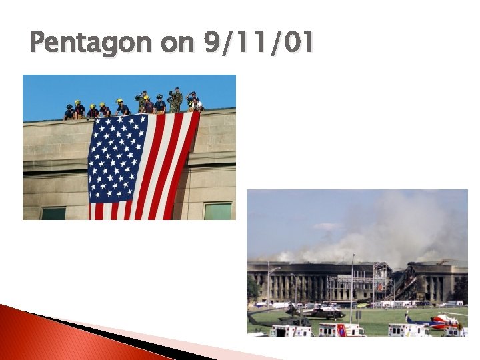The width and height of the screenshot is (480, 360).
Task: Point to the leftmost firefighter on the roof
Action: [69, 112]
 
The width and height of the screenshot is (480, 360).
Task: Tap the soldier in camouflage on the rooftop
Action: [175, 100]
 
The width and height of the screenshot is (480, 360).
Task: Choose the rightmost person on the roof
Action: [194, 101]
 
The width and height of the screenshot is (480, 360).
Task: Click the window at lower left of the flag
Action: [53, 213]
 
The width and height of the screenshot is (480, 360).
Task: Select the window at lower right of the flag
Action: [217, 211]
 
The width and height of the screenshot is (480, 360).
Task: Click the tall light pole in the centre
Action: [352, 287]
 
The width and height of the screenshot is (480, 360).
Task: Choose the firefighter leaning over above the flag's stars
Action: [122, 109]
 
